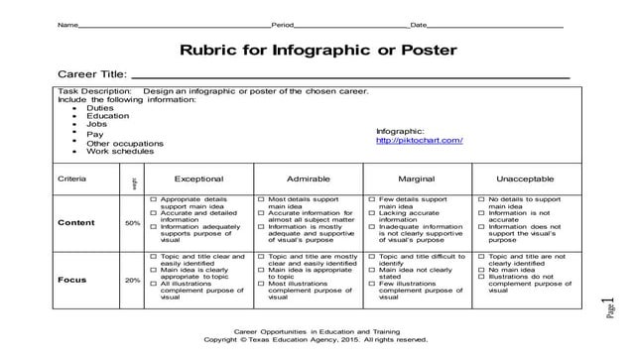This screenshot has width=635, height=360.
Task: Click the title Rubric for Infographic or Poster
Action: (317, 50)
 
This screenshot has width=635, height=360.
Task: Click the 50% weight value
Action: (132, 223)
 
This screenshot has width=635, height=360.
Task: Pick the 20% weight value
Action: (132, 280)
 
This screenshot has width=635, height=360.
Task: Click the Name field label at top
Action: (67, 23)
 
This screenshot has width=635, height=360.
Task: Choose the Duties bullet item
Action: (100, 107)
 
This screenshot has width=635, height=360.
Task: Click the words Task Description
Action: (94, 90)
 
